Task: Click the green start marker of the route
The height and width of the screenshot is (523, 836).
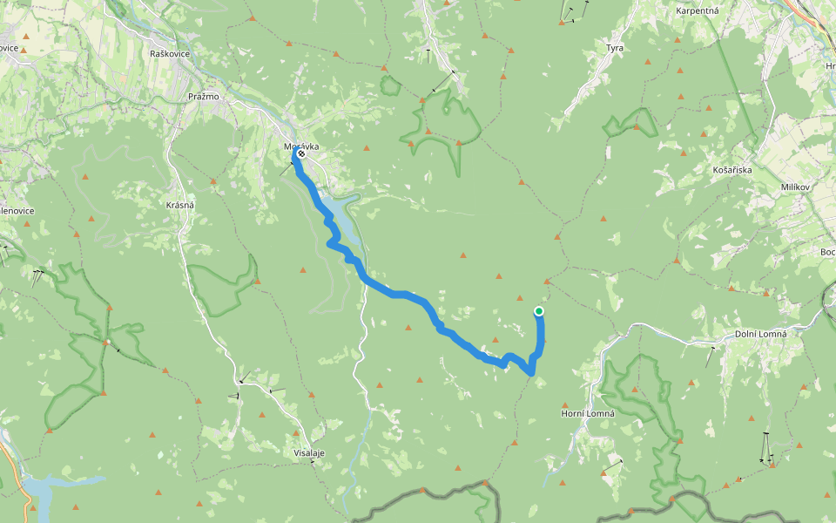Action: (539, 311)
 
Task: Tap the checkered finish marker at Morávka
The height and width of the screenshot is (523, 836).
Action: (301, 153)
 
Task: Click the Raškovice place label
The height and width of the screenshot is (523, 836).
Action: (169, 54)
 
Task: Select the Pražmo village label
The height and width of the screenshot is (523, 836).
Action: (203, 96)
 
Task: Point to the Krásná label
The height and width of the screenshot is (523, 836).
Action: (179, 204)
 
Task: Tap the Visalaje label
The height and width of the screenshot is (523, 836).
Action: (309, 453)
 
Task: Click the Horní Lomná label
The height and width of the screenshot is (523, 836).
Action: (588, 413)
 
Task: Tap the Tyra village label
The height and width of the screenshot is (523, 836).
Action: (615, 47)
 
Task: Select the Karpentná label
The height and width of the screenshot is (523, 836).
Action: (695, 10)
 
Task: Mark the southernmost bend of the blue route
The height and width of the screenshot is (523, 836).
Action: (530, 373)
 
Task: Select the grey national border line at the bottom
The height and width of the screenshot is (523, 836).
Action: (435, 492)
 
